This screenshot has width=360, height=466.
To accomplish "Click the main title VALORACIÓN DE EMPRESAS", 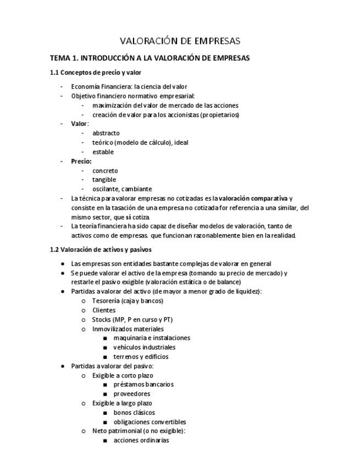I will (180, 41).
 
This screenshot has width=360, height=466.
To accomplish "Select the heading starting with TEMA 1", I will (149, 58).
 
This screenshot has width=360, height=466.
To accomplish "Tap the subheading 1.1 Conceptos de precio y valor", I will (95, 73).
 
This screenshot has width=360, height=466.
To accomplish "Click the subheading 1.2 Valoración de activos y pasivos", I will (101, 249).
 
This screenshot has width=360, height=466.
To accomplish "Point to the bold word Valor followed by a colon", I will (79, 124).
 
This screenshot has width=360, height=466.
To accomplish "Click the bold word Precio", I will (81, 162).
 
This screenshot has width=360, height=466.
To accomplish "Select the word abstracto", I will (106, 133).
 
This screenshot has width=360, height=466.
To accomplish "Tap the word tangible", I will (104, 180).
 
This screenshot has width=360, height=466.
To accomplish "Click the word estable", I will (103, 152).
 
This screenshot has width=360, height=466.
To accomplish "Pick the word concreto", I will (105, 171).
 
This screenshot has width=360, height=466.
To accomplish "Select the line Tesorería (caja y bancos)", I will (128, 301).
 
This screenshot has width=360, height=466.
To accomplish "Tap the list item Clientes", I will (104, 310).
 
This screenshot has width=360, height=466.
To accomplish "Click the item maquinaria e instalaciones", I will (152, 338).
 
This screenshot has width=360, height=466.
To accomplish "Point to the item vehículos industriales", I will (145, 347).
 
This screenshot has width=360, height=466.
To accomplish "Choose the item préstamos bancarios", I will (143, 385).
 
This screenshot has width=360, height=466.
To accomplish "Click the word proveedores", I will (131, 394).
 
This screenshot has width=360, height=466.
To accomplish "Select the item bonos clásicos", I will (134, 413).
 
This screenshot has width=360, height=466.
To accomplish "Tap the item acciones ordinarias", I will (141, 440).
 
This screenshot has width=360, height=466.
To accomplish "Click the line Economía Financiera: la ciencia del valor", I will (129, 86).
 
